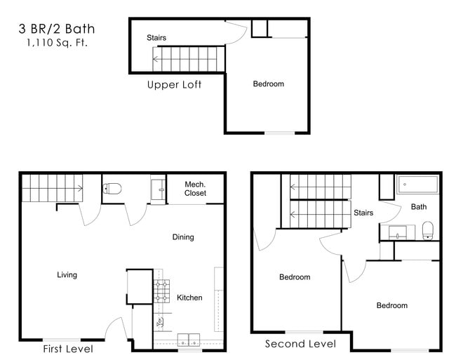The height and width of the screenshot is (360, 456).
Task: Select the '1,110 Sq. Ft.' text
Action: (57, 44)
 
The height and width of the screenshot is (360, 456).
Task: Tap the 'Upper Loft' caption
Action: (174, 85)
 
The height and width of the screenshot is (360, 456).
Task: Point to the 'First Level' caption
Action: (67, 348)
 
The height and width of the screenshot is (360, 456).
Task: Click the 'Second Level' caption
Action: (300, 344)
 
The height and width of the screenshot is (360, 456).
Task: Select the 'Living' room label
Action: (67, 275)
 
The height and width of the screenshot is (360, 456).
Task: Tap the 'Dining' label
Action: (183, 237)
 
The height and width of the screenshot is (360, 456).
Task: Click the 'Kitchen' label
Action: (189, 298)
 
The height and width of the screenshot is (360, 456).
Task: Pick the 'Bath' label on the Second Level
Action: (419, 207)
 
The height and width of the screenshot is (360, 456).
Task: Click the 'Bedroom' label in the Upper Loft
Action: (268, 84)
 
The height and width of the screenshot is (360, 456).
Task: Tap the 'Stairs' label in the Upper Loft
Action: (156, 38)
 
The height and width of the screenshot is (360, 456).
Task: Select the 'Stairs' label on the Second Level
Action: (363, 213)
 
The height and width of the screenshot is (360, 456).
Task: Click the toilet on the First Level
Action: (113, 188)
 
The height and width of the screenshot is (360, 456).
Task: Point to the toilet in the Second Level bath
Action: (428, 229)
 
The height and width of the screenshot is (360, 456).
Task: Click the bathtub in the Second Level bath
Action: (418, 185)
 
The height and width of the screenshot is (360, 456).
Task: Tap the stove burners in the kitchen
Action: (162, 291)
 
